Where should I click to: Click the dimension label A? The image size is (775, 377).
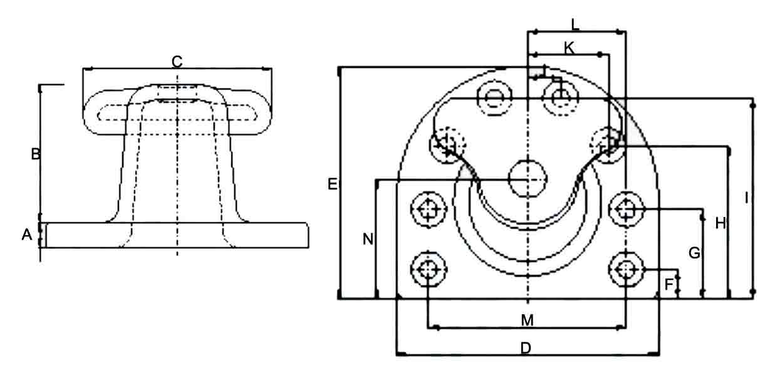27,235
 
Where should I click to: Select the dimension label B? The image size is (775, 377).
36,154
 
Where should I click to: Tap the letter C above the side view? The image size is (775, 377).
177,61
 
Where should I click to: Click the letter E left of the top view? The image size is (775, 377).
332,184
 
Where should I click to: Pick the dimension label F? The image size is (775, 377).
670,284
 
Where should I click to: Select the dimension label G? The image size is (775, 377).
694,253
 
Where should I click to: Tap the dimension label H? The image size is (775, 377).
720,222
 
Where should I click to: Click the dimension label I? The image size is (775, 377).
746,198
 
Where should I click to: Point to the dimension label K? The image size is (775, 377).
568,47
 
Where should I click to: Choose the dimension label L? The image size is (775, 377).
575,24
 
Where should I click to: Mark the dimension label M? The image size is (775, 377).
528,321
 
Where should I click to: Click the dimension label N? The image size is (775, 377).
368,238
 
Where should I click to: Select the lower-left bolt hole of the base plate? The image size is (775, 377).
429,270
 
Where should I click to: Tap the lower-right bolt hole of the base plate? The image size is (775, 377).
626,270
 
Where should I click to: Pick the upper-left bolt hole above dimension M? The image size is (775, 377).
429,209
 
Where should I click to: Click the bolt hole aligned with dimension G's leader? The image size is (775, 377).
626,209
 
